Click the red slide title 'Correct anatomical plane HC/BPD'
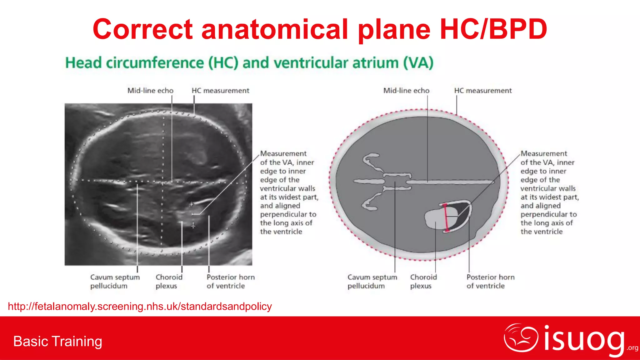click(320, 29)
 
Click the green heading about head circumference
click(249, 63)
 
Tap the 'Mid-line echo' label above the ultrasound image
click(150, 91)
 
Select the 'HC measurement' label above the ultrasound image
click(220, 91)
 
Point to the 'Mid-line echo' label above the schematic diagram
click(406, 91)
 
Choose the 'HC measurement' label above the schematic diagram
click(483, 91)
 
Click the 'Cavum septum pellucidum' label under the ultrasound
click(115, 282)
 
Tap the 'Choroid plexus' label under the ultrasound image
click(169, 282)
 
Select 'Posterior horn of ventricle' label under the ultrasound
click(231, 282)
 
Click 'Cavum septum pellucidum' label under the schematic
click(372, 282)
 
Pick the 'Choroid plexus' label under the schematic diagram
click(423, 282)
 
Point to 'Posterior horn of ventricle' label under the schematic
click(490, 282)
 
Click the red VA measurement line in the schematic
click(446, 218)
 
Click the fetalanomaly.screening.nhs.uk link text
click(140, 307)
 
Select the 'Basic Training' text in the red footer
click(58, 341)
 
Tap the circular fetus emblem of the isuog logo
click(521, 338)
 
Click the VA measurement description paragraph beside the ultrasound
click(289, 192)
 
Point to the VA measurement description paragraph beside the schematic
click(550, 192)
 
